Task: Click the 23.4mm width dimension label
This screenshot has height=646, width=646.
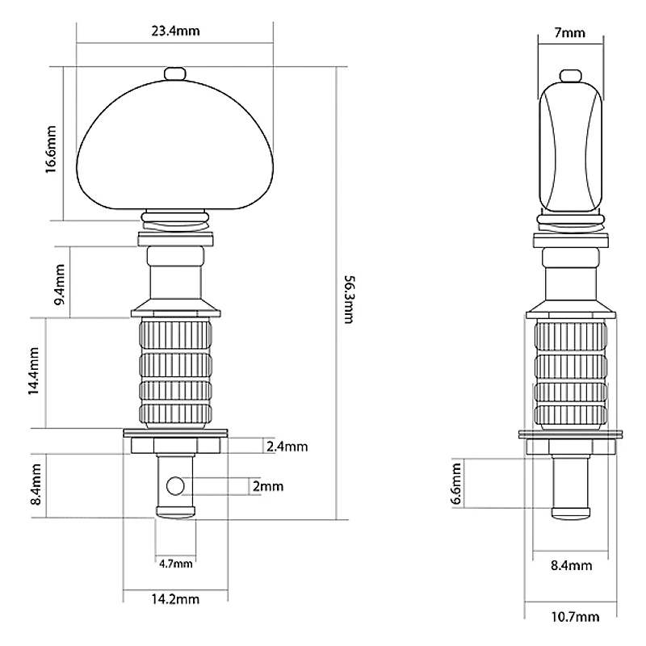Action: tap(175, 31)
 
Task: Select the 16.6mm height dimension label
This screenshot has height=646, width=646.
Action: tap(51, 149)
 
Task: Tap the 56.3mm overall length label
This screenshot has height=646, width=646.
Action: tap(349, 300)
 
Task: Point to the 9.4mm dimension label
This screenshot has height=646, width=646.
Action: tap(60, 284)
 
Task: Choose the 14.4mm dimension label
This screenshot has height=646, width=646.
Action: tap(33, 371)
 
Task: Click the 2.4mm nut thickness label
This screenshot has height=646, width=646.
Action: tap(287, 447)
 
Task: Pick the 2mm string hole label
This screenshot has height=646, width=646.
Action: tap(268, 486)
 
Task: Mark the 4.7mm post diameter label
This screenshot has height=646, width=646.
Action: tap(176, 564)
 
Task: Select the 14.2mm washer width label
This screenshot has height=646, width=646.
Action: tap(175, 598)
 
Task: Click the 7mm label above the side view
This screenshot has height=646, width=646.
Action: tap(570, 32)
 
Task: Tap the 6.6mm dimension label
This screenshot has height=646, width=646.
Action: tap(456, 483)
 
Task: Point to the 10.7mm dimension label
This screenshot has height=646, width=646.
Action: tap(575, 617)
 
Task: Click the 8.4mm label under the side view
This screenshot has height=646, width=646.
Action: tap(572, 565)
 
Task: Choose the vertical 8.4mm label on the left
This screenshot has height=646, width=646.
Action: tap(36, 484)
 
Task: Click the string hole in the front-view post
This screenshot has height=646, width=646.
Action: tap(175, 486)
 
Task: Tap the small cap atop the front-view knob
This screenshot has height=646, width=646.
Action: tap(175, 74)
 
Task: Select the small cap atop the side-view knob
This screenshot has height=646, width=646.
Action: tap(571, 76)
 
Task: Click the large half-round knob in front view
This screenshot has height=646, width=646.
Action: tap(175, 145)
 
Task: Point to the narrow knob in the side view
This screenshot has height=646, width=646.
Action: tap(571, 147)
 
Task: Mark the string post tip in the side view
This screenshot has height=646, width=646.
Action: tap(571, 514)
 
